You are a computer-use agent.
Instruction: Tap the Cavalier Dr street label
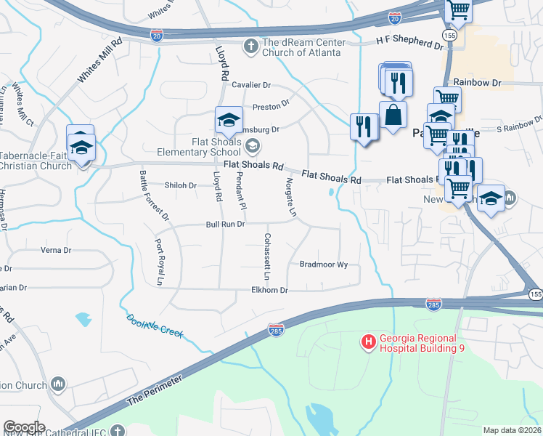(250, 85)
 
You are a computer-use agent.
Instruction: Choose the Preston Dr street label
(271, 107)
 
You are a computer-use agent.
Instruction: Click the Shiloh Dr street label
(181, 185)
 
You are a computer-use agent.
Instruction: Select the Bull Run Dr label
(225, 225)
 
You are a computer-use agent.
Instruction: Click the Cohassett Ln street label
(266, 258)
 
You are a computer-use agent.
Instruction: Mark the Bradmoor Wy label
(324, 265)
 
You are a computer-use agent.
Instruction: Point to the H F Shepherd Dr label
(409, 44)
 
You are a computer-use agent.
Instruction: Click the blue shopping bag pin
(393, 116)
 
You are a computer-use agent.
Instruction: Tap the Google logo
(24, 427)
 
